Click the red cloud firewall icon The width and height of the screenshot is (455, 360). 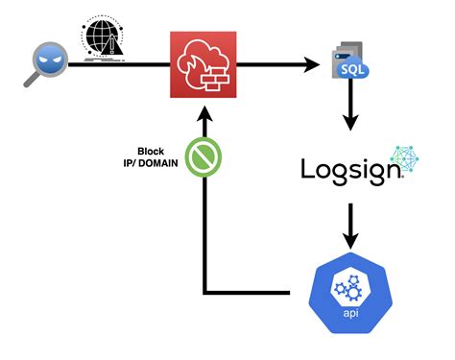coord(204,65)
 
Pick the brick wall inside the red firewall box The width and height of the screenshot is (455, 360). coord(217,74)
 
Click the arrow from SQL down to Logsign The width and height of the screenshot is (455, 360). coord(350,113)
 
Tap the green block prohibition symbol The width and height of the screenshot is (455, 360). coord(204,159)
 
